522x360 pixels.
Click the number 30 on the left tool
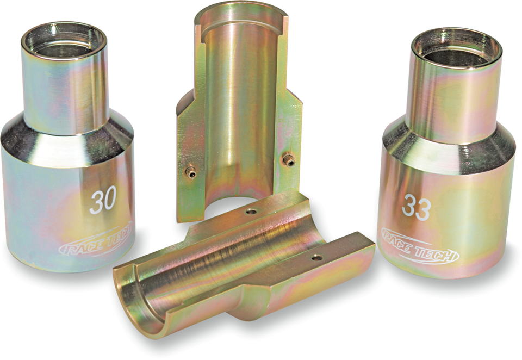point(103,202)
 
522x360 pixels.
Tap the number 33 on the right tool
point(417,208)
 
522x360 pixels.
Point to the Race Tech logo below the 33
point(419,247)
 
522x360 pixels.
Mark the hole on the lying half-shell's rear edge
point(250,211)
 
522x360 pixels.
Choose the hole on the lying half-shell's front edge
point(316,257)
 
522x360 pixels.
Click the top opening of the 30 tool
point(64,41)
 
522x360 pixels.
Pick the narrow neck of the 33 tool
point(454,98)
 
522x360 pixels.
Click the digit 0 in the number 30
point(110,202)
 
